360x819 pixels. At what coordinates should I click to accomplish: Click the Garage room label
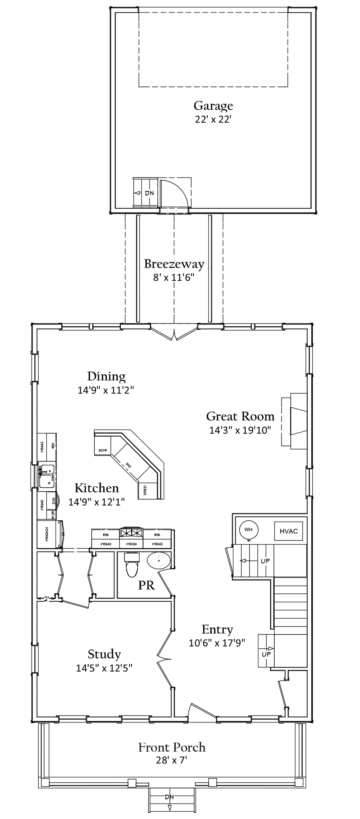pos(213,105)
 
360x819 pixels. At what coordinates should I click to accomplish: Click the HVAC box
pos(288,531)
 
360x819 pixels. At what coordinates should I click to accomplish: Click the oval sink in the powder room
pos(158,561)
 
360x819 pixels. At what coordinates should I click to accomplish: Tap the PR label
pos(146,585)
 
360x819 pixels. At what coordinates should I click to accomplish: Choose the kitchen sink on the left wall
pos(47,476)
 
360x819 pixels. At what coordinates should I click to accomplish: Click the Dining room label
pos(106,376)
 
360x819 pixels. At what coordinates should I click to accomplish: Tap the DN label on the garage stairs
pos(149,193)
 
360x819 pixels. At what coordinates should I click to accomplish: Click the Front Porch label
pos(172,747)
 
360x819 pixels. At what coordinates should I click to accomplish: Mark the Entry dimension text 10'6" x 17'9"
pos(217,643)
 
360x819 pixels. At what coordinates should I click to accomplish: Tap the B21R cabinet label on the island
pos(101,450)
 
